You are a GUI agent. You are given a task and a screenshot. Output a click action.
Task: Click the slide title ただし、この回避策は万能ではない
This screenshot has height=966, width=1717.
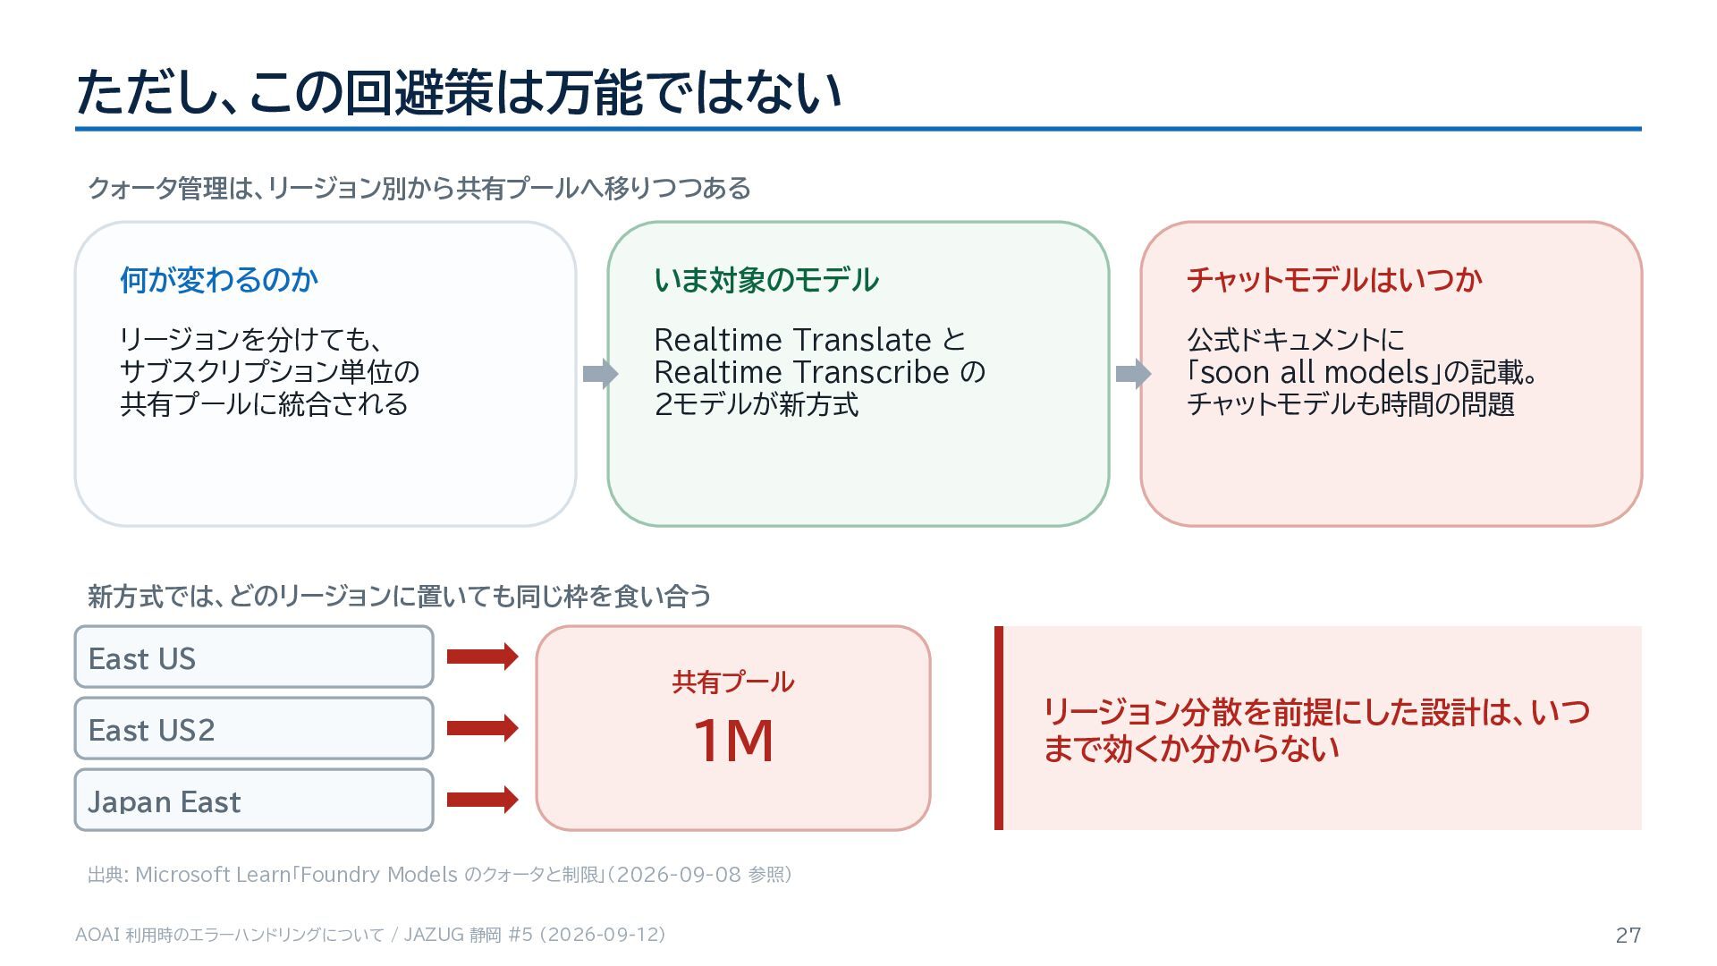[459, 92]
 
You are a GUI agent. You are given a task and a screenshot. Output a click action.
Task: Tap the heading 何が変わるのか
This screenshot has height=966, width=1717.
[219, 280]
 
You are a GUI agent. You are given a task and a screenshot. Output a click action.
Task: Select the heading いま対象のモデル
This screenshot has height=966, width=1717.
[766, 280]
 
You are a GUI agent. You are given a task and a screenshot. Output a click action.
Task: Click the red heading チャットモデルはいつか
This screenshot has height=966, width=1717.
[1334, 280]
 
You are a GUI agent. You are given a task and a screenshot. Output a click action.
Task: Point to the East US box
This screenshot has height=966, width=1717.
[254, 657]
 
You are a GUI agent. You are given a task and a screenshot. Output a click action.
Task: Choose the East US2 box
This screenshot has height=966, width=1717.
[254, 729]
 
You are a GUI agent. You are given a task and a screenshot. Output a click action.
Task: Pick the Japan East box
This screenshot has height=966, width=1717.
[254, 800]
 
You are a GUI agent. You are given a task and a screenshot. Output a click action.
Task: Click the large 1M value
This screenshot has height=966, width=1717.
[733, 741]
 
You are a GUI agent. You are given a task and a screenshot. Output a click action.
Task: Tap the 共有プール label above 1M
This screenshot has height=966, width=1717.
[733, 682]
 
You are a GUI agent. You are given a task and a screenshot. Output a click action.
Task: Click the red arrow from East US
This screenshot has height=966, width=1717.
[483, 657]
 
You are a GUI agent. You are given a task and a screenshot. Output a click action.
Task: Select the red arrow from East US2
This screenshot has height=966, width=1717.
[483, 728]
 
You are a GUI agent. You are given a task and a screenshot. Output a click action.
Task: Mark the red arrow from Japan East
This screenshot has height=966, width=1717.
[483, 799]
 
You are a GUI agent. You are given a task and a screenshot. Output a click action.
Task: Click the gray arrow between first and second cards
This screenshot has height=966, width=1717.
[600, 374]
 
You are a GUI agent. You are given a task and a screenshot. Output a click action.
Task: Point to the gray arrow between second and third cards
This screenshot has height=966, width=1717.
[1134, 374]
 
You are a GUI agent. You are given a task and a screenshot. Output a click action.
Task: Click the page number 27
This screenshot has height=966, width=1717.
[1628, 935]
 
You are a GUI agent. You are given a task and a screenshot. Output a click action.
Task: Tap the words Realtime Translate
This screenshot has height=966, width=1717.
[793, 340]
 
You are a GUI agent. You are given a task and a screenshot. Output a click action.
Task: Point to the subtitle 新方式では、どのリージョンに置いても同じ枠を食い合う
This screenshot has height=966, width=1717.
[400, 596]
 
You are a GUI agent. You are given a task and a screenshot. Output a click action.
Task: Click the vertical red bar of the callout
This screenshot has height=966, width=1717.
[999, 728]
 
